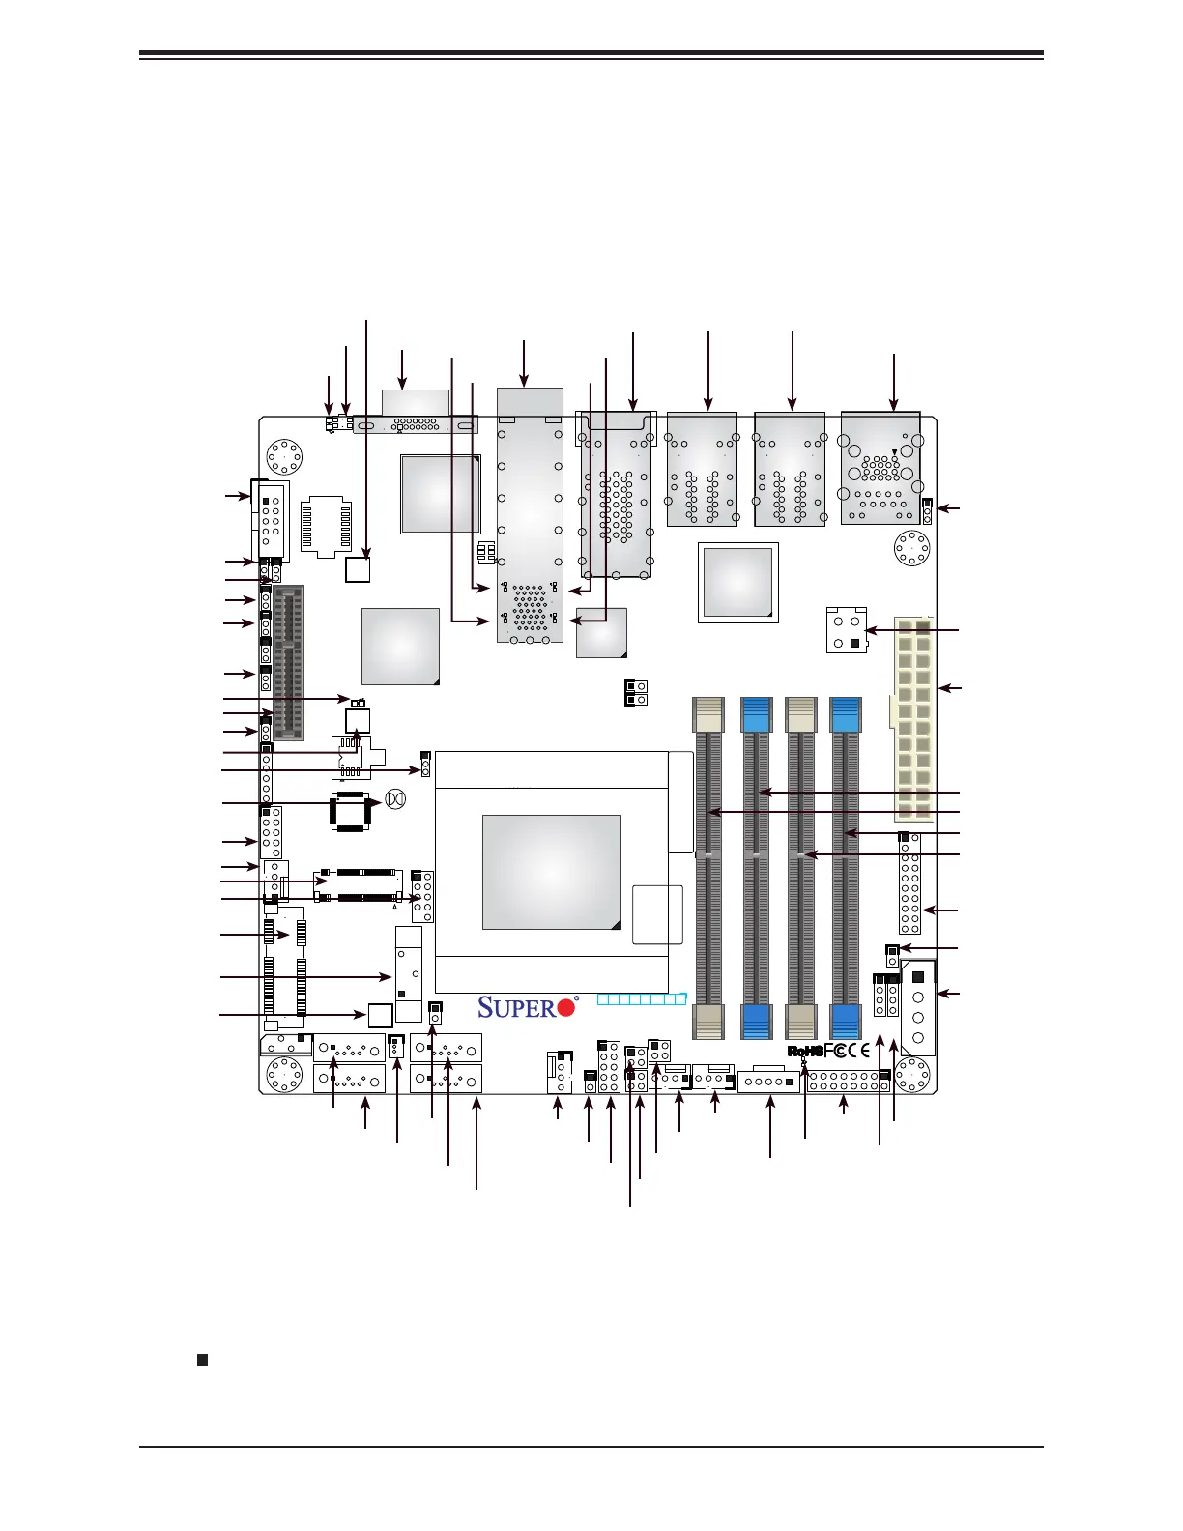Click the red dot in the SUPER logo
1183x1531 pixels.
point(566,1007)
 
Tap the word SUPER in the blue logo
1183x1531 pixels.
point(517,1007)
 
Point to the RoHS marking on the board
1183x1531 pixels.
point(804,1051)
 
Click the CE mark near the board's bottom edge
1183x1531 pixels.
point(858,1051)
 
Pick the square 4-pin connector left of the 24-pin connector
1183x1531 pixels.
point(846,629)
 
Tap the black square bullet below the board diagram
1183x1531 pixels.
point(202,1360)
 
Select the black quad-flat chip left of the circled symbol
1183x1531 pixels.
point(350,811)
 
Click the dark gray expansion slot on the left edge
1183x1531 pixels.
point(288,662)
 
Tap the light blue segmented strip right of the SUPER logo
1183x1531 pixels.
point(642,998)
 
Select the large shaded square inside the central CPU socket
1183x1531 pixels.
point(551,872)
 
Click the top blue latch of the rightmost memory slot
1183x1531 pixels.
point(846,714)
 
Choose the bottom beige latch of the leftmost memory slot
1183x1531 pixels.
point(708,1021)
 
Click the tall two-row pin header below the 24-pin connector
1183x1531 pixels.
point(909,882)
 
